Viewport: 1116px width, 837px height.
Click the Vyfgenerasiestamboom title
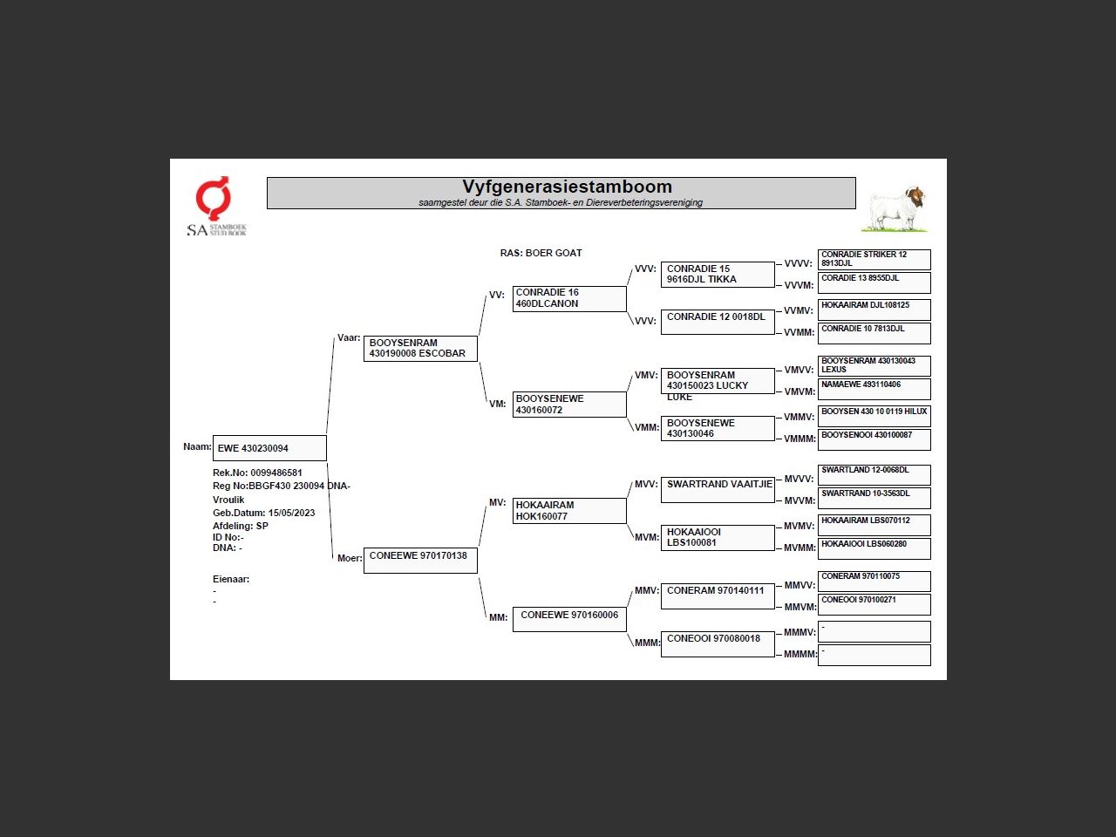(x=567, y=187)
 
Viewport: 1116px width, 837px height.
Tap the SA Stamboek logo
(x=215, y=207)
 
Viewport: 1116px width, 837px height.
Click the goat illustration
(x=895, y=208)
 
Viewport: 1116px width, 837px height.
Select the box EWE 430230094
(x=269, y=448)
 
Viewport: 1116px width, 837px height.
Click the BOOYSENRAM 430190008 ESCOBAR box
(x=420, y=348)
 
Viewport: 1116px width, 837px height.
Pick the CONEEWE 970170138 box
(x=420, y=560)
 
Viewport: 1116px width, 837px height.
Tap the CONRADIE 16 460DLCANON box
(x=569, y=298)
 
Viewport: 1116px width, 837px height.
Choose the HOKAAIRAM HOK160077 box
(x=569, y=511)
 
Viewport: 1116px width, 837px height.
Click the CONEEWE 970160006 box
(x=569, y=619)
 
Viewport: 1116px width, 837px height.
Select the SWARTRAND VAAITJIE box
(x=718, y=490)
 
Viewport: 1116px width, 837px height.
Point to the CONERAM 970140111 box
(x=718, y=595)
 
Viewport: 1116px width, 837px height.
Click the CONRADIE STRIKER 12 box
(x=874, y=259)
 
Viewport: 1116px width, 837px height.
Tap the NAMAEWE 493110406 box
(x=874, y=388)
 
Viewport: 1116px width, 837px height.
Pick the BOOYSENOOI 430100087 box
(x=874, y=439)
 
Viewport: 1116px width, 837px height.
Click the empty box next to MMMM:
(x=874, y=655)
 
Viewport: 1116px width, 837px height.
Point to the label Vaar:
(x=349, y=337)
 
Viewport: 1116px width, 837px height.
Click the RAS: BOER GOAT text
(x=541, y=253)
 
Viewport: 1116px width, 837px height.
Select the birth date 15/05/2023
(x=291, y=513)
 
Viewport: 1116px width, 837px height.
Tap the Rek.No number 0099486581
(x=276, y=473)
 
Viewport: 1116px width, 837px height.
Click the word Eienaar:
(x=231, y=579)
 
